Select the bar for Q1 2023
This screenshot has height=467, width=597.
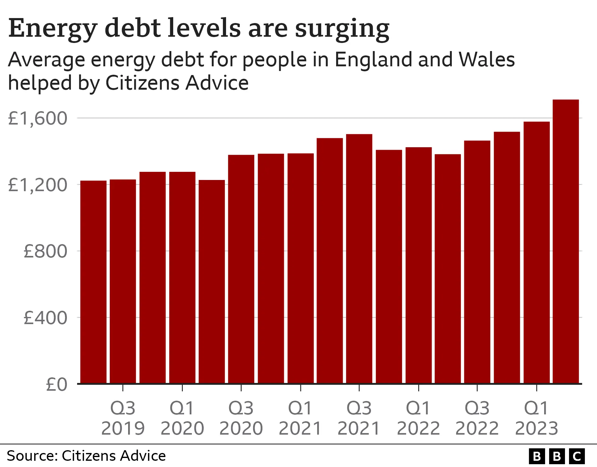click(x=536, y=252)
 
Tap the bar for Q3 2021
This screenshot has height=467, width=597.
click(x=359, y=258)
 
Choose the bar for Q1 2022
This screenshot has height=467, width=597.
click(x=419, y=265)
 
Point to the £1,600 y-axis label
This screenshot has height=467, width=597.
click(x=37, y=118)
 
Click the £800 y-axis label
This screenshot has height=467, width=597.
click(x=45, y=251)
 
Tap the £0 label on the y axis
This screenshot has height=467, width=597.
click(x=56, y=384)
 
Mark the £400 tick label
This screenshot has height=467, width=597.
click(x=45, y=318)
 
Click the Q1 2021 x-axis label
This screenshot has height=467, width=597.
click(x=300, y=418)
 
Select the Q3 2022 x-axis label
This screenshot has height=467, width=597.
click(x=477, y=418)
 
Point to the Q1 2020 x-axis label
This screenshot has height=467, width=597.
click(x=182, y=418)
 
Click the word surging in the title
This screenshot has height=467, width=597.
click(x=342, y=29)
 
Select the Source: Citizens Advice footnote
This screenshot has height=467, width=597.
click(x=86, y=456)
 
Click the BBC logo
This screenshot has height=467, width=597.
click(x=557, y=456)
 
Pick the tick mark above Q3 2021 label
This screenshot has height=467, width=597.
click(x=359, y=388)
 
